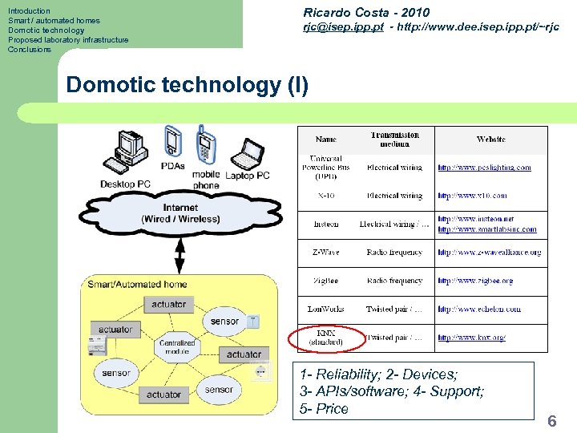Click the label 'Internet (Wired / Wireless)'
(x=180, y=213)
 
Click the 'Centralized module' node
(x=177, y=346)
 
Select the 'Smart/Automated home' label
(x=137, y=284)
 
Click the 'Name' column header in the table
(x=326, y=140)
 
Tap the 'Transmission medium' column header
(x=394, y=140)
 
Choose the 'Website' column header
(x=490, y=140)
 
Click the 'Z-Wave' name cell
(x=326, y=253)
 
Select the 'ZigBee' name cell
(x=326, y=281)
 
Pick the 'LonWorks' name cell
(x=325, y=309)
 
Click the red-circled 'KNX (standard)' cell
(x=326, y=338)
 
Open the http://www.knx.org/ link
(x=471, y=338)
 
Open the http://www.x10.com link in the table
(x=472, y=196)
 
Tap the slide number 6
(x=551, y=420)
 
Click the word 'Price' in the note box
(x=332, y=409)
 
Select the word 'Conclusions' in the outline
(x=30, y=50)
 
